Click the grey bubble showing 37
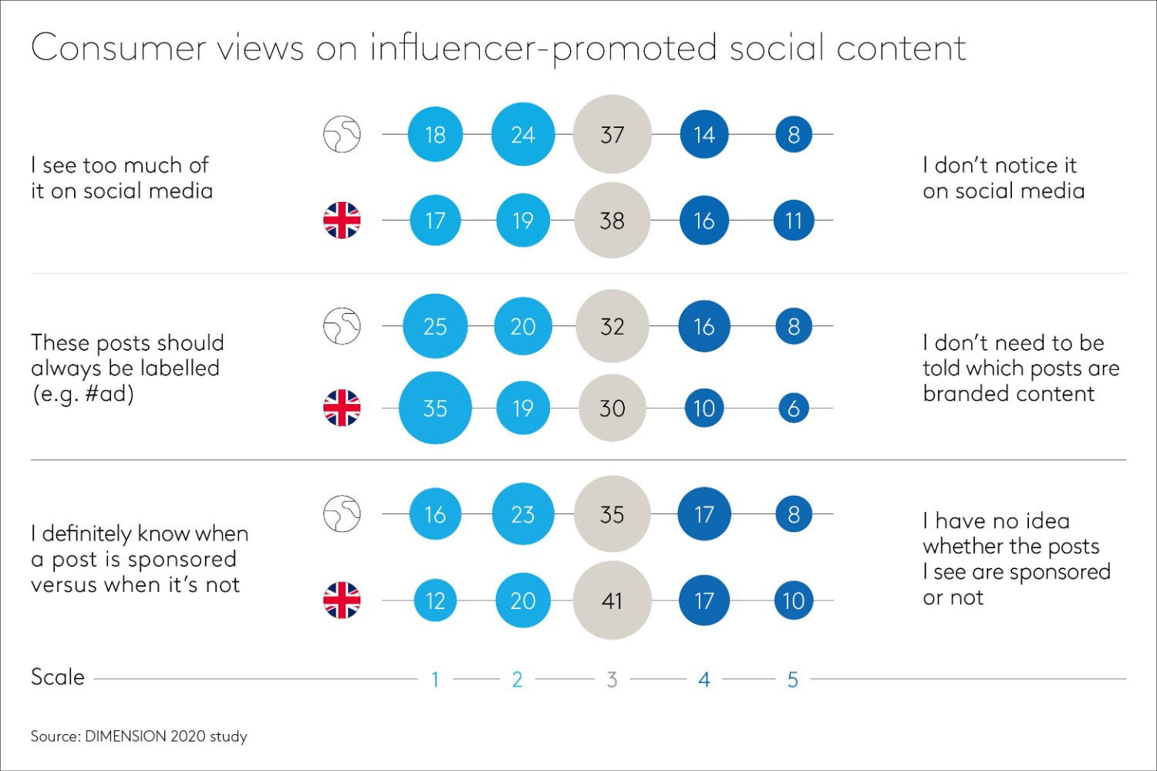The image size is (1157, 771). click(612, 134)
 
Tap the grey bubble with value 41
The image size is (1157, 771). click(612, 600)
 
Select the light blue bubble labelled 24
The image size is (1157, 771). click(523, 134)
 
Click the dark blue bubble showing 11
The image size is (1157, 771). click(794, 221)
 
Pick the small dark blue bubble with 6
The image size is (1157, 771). click(794, 408)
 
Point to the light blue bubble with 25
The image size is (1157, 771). click(435, 326)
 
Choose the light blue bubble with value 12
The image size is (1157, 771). click(435, 600)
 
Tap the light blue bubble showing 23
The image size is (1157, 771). click(523, 514)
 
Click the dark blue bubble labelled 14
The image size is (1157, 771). click(703, 134)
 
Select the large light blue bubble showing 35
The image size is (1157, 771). click(435, 408)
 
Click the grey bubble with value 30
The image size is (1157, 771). click(612, 408)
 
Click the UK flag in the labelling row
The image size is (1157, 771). click(342, 408)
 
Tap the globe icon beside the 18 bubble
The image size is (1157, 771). click(342, 134)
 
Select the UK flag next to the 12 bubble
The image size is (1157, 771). click(342, 600)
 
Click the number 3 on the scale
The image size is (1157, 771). click(612, 679)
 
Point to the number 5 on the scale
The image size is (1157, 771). click(792, 679)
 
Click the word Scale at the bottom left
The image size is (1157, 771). click(58, 677)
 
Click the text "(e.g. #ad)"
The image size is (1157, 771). click(83, 394)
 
